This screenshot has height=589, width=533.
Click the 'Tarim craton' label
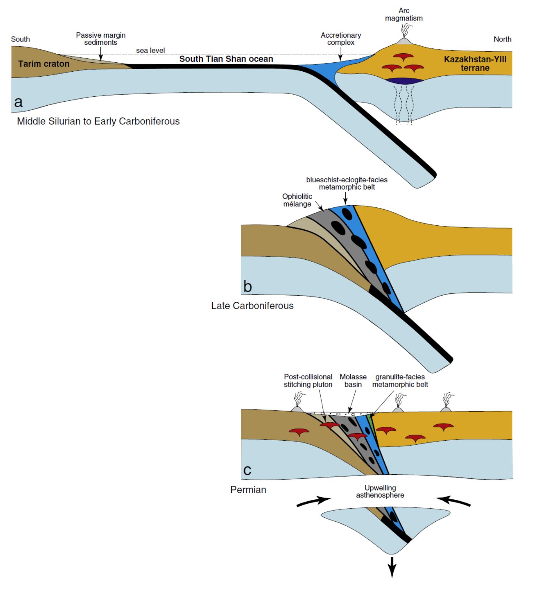(44, 64)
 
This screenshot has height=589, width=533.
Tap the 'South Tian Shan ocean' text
(226, 59)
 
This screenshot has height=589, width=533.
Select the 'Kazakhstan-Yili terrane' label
(475, 63)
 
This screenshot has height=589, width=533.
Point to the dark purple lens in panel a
(405, 81)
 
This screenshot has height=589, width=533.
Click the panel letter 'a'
(18, 102)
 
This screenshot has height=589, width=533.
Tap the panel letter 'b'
(248, 287)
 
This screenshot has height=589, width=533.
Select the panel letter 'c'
(247, 470)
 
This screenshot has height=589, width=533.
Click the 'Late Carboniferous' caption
(252, 306)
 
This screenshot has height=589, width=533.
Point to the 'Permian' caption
(248, 490)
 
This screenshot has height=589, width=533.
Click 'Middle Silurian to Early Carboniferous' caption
(98, 121)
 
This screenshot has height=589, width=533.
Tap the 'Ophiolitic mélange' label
(297, 200)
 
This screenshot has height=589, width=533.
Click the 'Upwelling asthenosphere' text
(380, 492)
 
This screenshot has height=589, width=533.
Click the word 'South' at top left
(20, 39)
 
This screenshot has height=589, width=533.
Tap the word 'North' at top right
(502, 39)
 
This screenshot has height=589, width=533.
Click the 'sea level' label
(150, 51)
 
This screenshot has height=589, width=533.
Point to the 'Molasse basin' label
(353, 380)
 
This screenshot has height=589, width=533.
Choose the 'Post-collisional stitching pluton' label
(308, 380)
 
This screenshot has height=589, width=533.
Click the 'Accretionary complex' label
(341, 39)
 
